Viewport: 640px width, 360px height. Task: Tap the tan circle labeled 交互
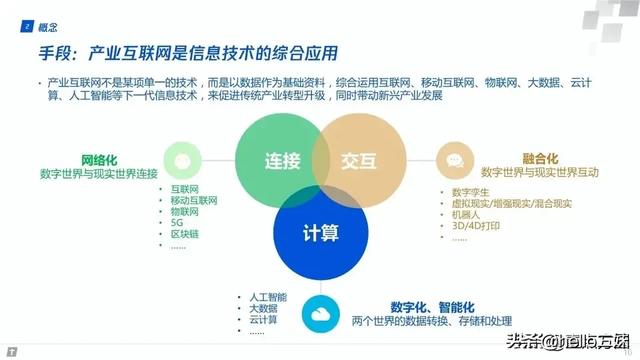coord(358,162)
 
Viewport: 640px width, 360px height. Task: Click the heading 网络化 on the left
coord(101,159)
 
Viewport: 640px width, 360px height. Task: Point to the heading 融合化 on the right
coord(541,158)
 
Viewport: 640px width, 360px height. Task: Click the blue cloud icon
coord(319,311)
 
